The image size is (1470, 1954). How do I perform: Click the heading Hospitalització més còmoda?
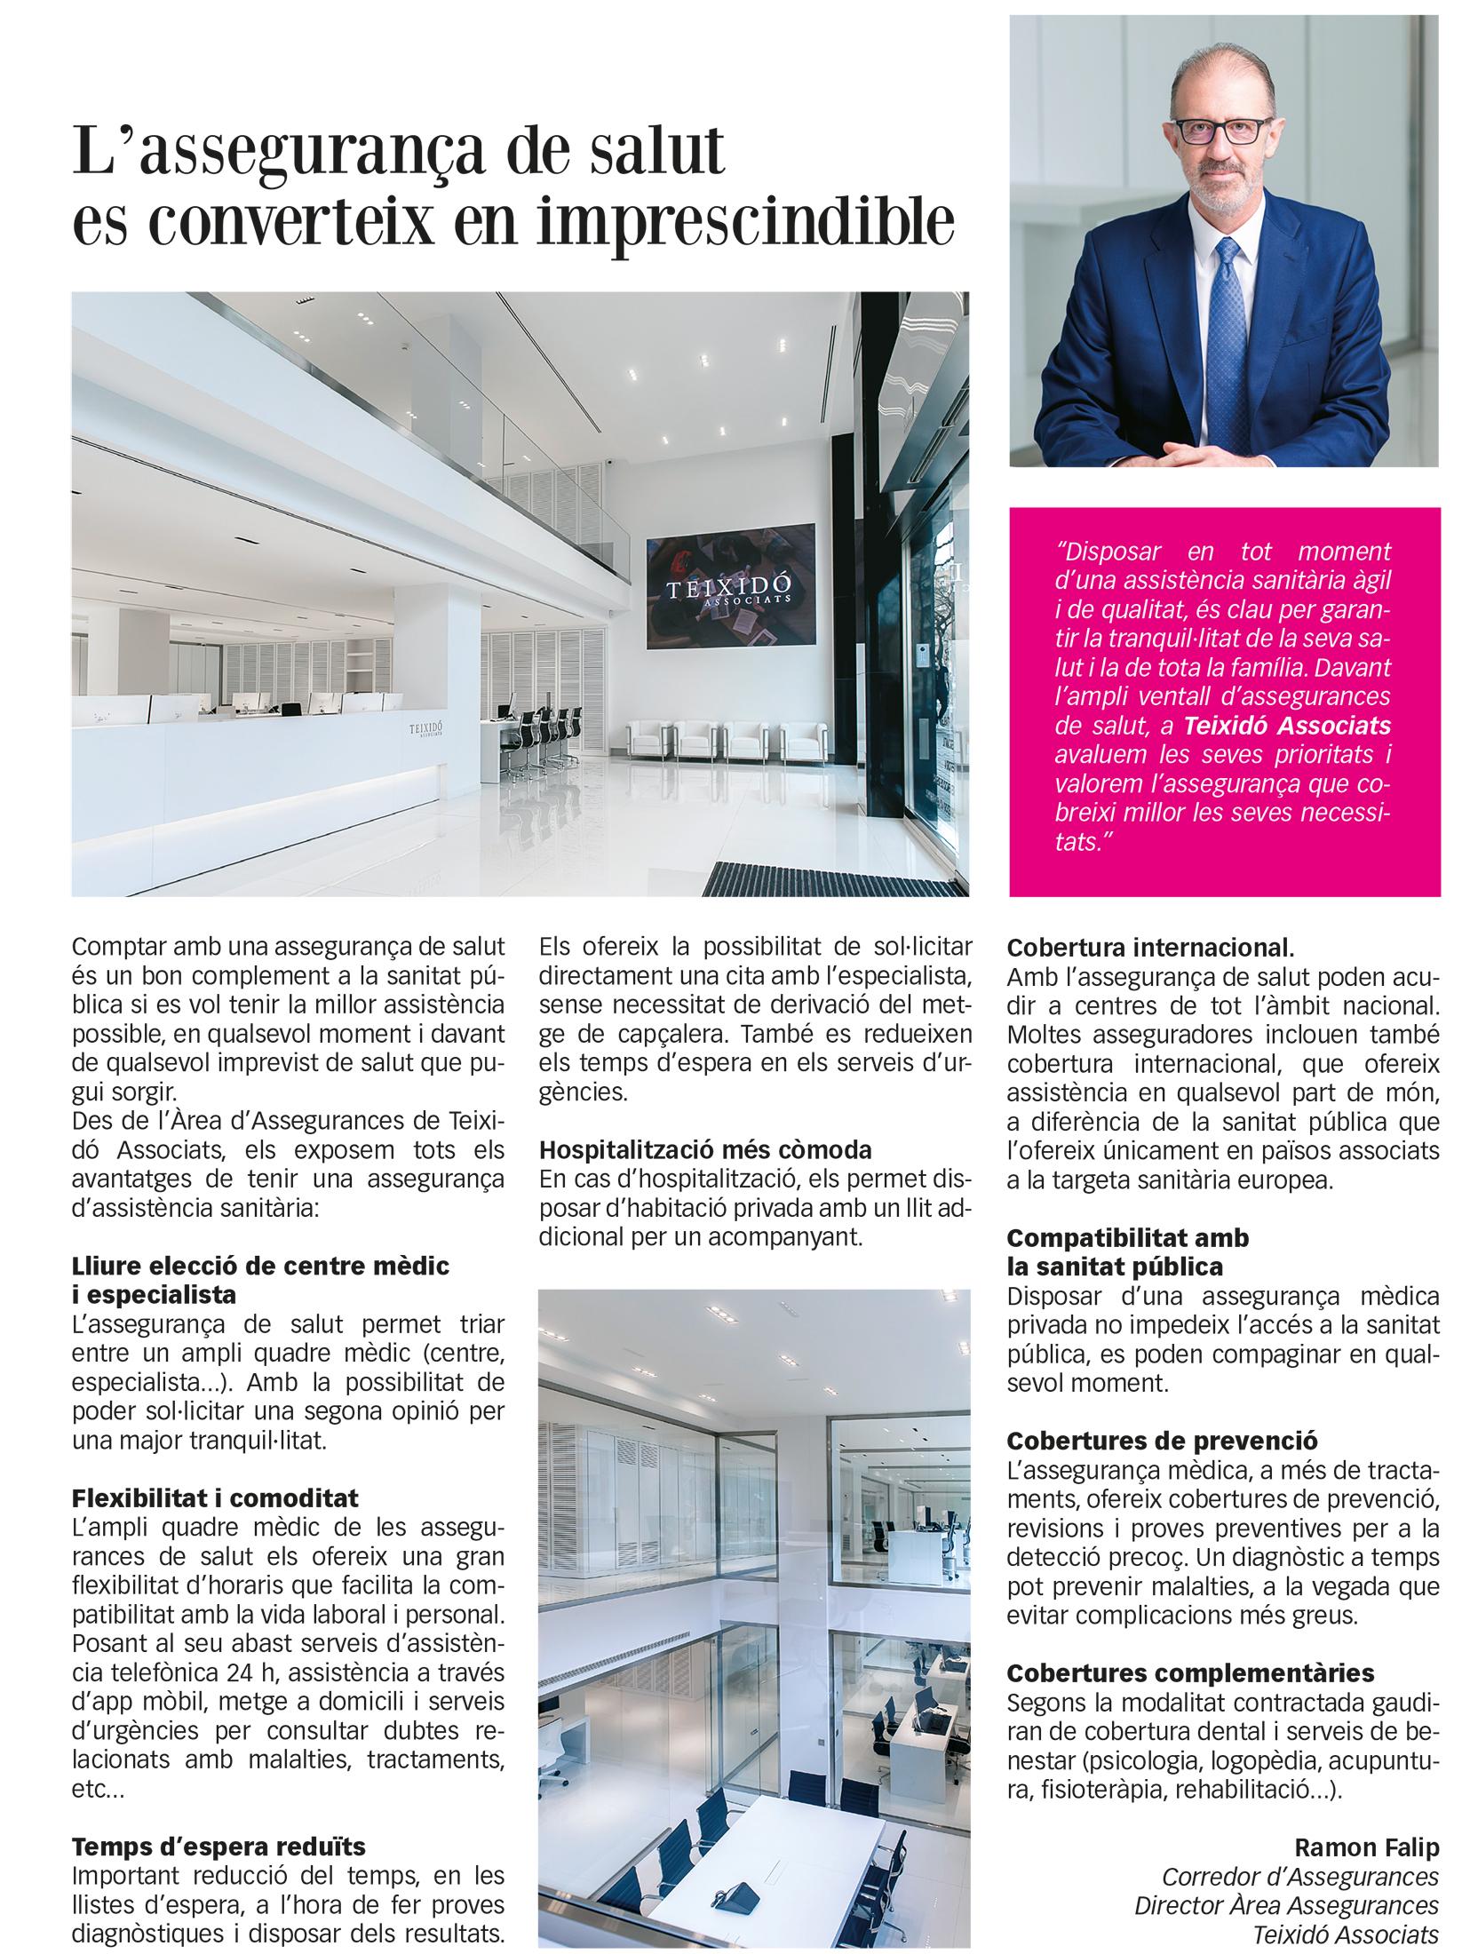705,1149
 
